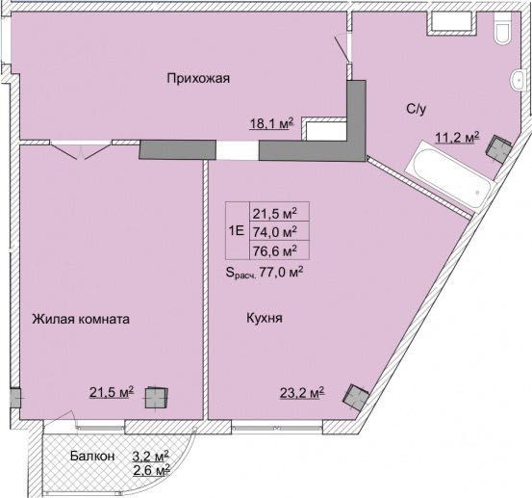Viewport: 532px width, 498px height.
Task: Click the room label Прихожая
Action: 198,78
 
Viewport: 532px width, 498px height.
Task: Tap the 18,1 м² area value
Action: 271,123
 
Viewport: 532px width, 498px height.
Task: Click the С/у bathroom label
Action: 416,109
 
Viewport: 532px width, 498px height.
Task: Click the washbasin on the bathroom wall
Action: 516,81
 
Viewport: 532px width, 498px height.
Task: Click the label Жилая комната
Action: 81,320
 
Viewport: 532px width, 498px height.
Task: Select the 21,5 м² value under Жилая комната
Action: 112,392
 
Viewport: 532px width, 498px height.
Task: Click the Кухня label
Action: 265,319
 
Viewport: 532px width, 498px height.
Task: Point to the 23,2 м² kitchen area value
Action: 302,393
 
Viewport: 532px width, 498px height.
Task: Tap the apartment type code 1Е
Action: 237,231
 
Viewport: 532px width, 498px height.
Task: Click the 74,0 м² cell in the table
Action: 275,232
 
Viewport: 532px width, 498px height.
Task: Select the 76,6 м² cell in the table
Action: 275,251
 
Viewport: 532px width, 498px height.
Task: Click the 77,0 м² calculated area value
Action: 281,272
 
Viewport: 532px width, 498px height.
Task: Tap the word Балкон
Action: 92,456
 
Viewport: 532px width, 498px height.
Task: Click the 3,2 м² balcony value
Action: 151,456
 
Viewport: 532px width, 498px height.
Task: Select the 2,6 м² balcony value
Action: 151,470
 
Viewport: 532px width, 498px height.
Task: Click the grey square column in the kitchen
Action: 356,398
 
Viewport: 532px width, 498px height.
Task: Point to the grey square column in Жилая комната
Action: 156,398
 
